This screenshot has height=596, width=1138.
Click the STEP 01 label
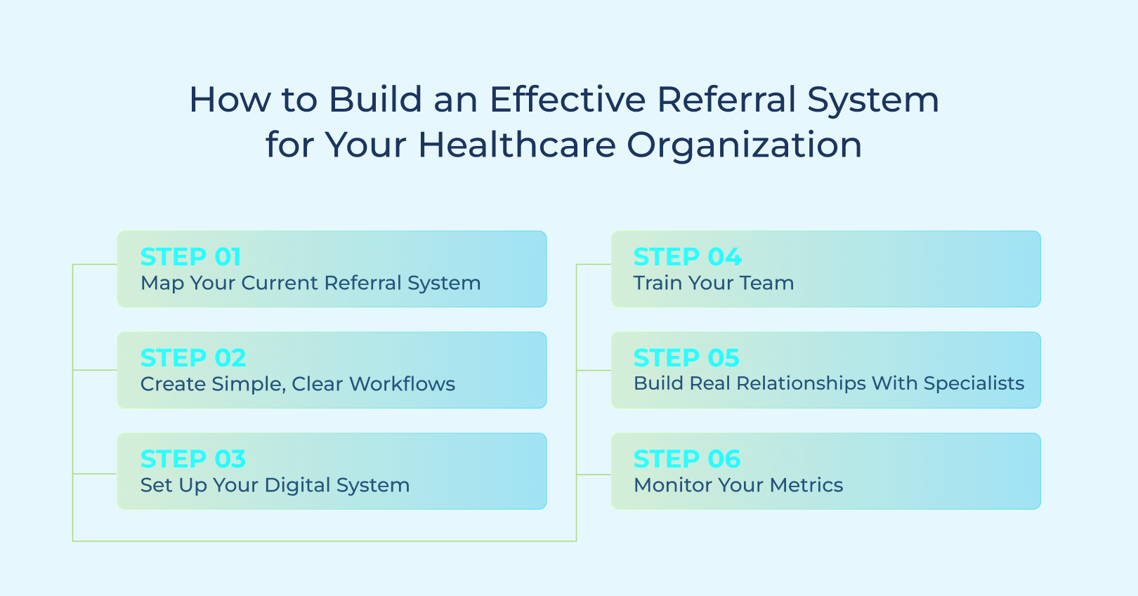click(190, 257)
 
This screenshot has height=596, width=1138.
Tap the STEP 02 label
click(193, 358)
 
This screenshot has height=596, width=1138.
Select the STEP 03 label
click(193, 459)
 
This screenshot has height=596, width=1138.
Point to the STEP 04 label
click(687, 257)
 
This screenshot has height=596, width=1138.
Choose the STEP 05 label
click(686, 358)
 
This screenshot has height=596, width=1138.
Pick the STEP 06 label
click(687, 459)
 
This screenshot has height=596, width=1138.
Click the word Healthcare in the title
click(516, 145)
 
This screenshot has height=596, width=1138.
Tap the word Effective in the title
click(567, 100)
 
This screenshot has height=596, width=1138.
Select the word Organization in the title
click(744, 145)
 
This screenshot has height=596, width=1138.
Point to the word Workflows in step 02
click(403, 384)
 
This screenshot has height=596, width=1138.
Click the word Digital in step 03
click(297, 485)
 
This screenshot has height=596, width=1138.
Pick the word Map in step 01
click(159, 284)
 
